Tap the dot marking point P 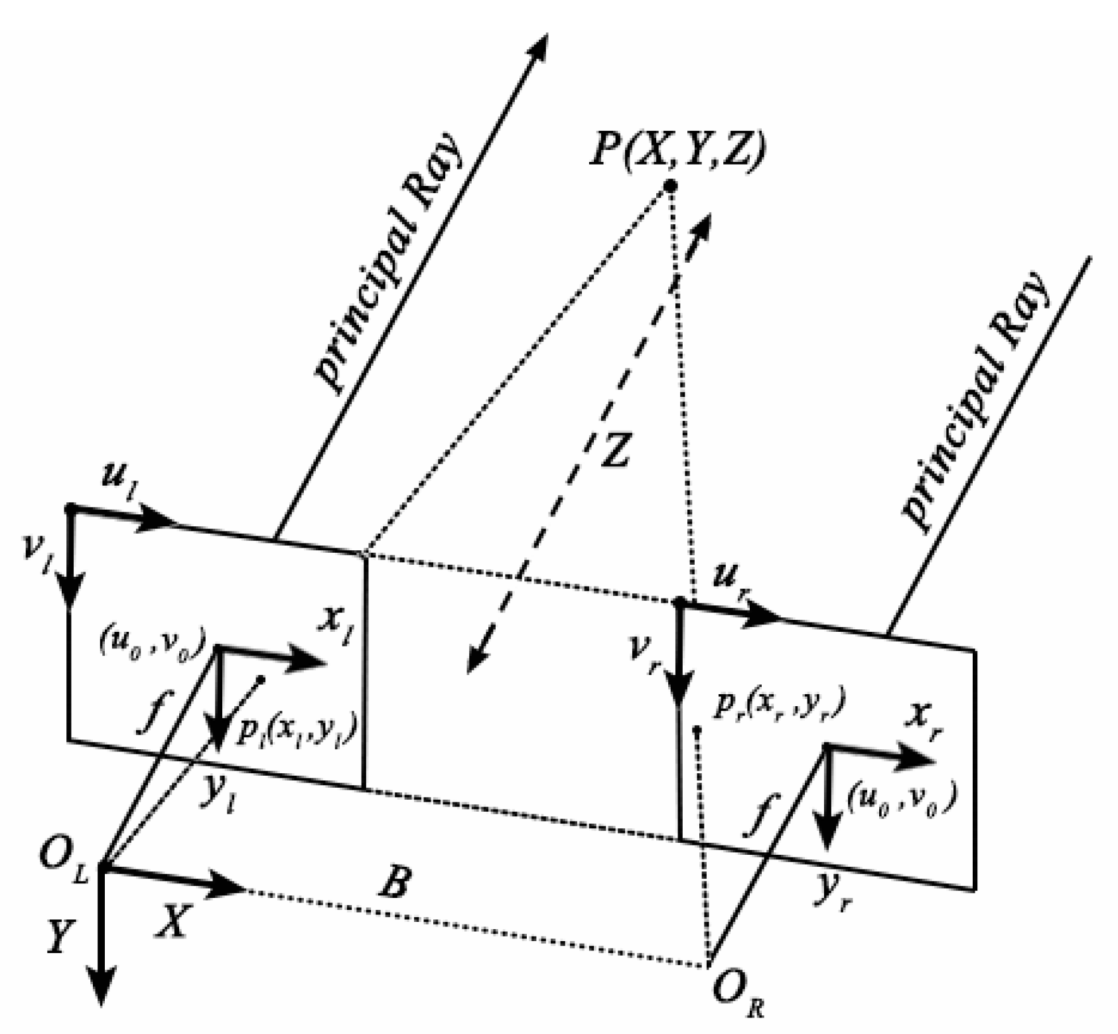tap(671, 186)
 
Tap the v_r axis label tap(646, 654)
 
